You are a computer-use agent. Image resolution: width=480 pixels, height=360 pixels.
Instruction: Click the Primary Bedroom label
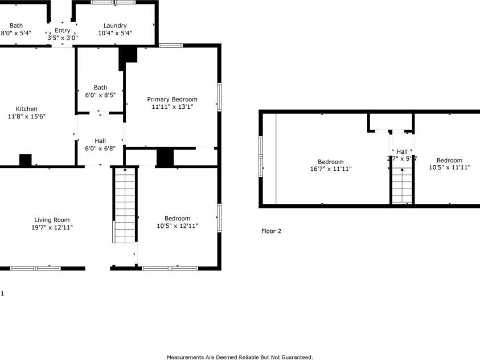[172, 99]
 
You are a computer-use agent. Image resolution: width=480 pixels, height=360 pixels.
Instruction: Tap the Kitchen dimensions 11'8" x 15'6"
[27, 116]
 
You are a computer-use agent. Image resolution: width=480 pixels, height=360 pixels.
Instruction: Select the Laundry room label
[115, 25]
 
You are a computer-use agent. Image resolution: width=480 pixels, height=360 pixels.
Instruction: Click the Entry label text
[62, 30]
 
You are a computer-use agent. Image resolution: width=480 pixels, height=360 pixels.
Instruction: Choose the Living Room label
[52, 220]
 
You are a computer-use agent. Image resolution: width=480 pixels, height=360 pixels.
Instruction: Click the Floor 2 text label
[271, 231]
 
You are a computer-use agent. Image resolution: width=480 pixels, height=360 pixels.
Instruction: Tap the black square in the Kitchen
[25, 160]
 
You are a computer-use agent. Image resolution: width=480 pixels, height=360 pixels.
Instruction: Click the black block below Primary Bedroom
[165, 157]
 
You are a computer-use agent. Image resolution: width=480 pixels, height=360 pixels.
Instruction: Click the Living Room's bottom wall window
[35, 268]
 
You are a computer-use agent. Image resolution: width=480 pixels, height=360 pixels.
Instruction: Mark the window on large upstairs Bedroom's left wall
[261, 155]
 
